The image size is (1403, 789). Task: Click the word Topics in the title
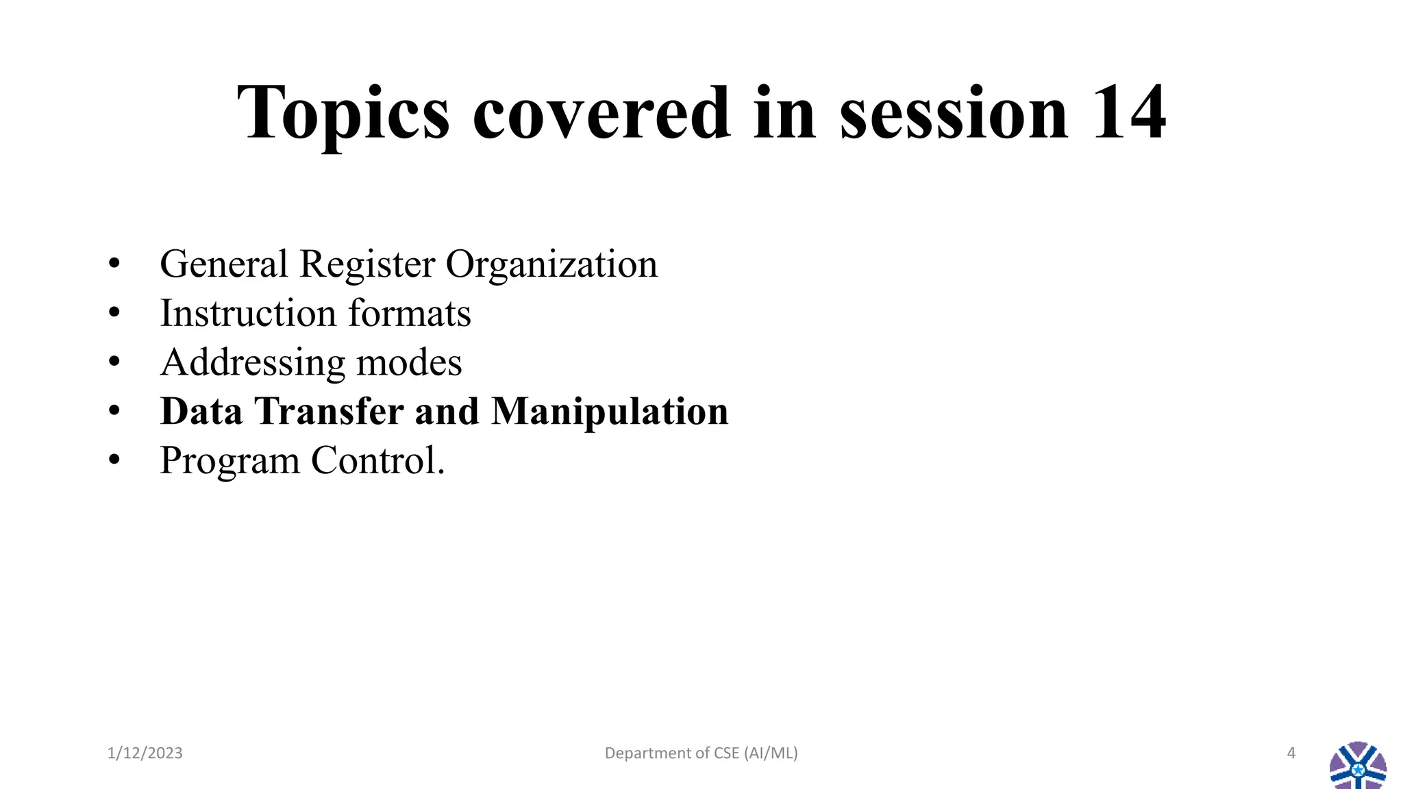[x=343, y=113]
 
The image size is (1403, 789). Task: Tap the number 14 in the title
[x=1128, y=113]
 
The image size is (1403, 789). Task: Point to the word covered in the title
[x=601, y=113]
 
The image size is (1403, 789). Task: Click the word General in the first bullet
[x=224, y=264]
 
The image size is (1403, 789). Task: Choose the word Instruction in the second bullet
[x=248, y=314]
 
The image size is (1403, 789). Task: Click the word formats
[x=410, y=314]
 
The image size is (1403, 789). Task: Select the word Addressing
[x=252, y=363]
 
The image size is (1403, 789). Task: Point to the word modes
[x=409, y=363]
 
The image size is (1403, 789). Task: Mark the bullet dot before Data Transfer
[x=114, y=412]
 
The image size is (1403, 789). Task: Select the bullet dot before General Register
[x=114, y=264]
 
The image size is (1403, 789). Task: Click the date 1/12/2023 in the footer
[x=145, y=753]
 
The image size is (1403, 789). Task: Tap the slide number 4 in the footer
[x=1291, y=753]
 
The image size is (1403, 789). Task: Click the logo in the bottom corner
[x=1358, y=766]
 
